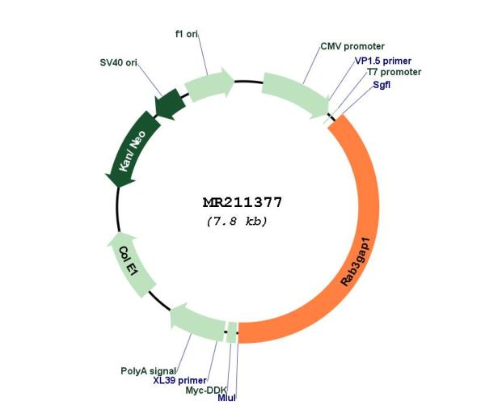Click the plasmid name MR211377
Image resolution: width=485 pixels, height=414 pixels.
242,203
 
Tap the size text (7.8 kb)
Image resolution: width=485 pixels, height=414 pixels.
237,222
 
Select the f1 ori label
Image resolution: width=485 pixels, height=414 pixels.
187,34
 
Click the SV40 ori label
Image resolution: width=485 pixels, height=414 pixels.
118,63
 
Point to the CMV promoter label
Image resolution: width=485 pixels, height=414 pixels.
352,47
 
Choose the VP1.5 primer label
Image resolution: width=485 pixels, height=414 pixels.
383,61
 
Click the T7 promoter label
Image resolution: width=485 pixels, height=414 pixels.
394,72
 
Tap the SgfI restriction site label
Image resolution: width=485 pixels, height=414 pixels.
382,84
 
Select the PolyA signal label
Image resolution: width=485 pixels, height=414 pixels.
148,371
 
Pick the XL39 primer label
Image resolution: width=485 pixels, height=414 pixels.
179,380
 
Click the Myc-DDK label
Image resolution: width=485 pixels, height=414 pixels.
206,391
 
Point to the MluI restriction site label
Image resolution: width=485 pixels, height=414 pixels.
226,398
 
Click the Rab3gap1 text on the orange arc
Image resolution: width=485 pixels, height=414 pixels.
355,262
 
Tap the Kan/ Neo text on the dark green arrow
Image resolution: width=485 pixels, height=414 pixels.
132,150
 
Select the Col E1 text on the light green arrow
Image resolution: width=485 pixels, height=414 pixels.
128,262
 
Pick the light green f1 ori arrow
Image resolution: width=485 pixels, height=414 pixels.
209,84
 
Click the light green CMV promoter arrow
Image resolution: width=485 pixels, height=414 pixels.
297,94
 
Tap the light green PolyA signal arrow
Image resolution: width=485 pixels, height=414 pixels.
196,323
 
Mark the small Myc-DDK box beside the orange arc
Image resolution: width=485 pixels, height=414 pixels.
232,332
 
